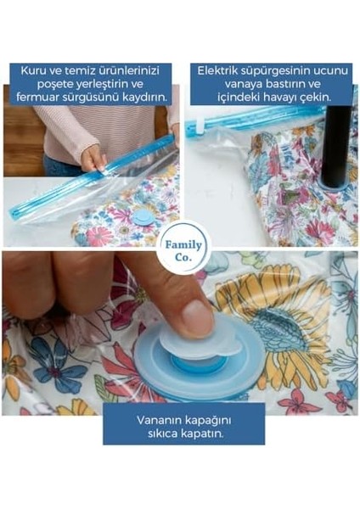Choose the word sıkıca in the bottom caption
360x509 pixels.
[160, 433]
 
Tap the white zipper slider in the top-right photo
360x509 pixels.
[200, 128]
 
